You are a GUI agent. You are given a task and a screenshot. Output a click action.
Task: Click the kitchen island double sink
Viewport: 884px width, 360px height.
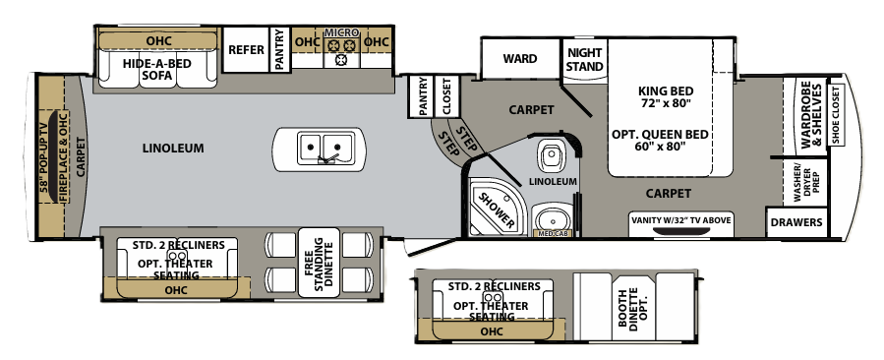(x=323, y=149)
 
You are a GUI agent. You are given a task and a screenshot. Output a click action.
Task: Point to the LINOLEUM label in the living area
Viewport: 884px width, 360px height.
(x=171, y=149)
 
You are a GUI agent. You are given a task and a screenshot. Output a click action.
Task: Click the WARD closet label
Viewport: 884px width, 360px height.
(x=519, y=59)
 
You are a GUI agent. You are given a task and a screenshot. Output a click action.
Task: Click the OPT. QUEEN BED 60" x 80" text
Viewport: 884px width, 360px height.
(x=661, y=139)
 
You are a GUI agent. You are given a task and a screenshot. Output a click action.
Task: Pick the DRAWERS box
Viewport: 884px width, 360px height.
(x=796, y=223)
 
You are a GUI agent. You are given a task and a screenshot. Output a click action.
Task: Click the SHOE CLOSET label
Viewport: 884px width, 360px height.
(x=837, y=114)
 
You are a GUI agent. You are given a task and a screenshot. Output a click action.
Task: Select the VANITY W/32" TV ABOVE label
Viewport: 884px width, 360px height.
(x=679, y=220)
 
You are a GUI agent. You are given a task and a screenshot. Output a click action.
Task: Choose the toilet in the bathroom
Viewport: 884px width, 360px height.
(x=549, y=155)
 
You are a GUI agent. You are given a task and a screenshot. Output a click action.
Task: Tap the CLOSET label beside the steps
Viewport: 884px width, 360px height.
(x=446, y=97)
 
